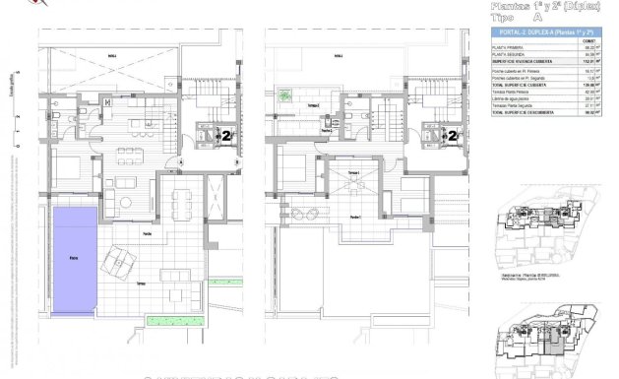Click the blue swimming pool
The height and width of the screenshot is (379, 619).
[74, 261]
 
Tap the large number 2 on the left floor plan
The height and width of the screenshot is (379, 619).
[227, 137]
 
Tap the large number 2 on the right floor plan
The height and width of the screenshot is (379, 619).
[454, 137]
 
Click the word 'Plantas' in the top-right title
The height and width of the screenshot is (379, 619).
[515, 5]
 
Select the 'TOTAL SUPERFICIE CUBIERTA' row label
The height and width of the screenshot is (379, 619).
[525, 85]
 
